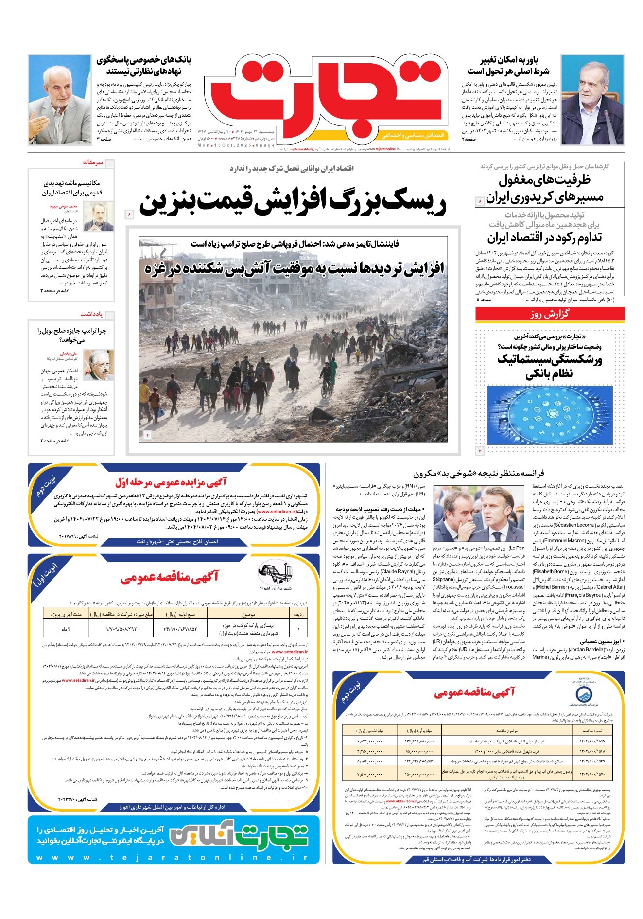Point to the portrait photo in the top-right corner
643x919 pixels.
pos(592,99)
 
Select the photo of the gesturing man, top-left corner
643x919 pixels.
pos(60,99)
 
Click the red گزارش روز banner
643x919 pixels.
pos(549,315)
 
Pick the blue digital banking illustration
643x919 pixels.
pos(549,414)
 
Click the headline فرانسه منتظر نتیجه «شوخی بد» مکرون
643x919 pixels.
pos(479,473)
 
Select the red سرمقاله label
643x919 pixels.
pos(92,162)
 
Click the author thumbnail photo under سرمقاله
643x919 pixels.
pos(99,216)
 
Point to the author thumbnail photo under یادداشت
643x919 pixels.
pos(99,365)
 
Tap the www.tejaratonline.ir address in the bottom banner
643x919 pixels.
pos(173,857)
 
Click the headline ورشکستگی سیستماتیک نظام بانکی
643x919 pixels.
pos(549,367)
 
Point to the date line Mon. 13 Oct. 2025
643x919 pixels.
pos(236,145)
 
